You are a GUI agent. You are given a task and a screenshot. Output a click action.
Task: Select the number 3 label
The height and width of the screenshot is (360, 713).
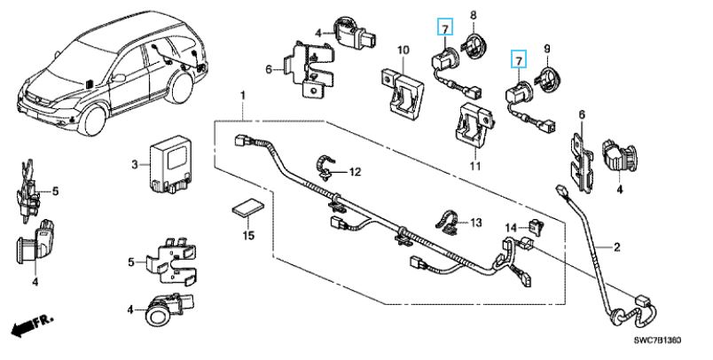click(135, 164)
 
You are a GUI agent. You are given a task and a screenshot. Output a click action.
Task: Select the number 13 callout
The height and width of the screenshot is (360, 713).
click(475, 221)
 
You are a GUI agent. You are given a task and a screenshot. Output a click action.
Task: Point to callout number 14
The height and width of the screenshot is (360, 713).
click(510, 228)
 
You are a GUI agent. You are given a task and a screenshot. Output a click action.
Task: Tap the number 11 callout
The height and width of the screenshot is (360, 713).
click(474, 165)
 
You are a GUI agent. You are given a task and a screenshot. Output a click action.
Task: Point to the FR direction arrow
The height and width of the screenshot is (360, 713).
click(29, 327)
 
